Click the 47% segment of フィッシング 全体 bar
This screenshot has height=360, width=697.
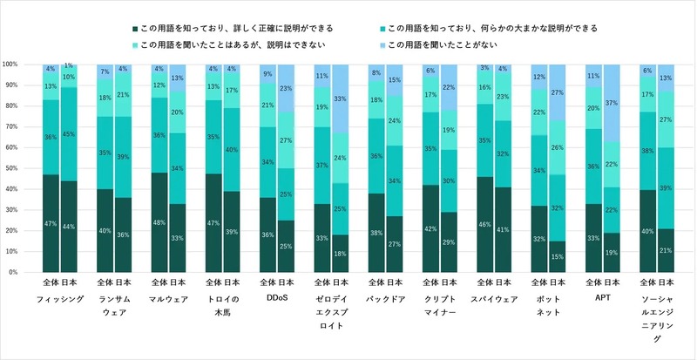51,224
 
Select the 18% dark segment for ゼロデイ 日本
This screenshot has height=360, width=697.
339,253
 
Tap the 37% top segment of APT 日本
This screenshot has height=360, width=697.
611,103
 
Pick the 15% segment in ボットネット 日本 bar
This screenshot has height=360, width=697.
557,256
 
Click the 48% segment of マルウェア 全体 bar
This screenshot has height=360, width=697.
159,222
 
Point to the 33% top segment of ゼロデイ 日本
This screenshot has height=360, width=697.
339,98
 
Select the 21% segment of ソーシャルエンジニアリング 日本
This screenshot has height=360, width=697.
665,250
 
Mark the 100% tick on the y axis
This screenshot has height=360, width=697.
19,65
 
